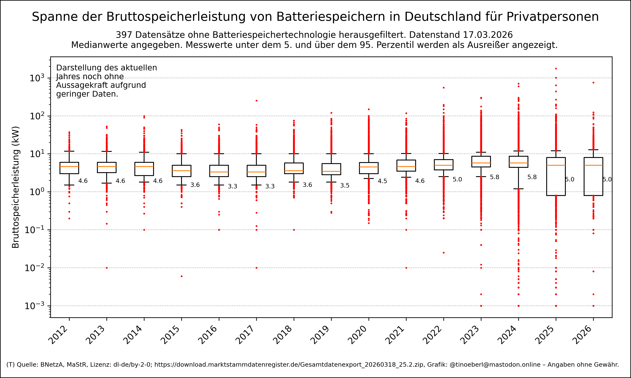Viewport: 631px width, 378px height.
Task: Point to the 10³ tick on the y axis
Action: (37, 78)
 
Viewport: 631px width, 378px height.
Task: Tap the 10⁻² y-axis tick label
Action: (34, 268)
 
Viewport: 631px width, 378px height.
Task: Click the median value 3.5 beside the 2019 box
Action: (345, 186)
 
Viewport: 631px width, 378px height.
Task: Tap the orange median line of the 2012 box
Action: (69, 167)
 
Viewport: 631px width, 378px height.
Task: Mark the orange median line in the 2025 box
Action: (556, 165)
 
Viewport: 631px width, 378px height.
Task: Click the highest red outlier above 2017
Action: (257, 101)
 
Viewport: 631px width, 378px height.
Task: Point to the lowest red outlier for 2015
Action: (182, 276)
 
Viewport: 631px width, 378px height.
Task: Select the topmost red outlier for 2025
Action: (556, 68)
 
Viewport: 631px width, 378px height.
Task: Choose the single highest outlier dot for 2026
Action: (594, 83)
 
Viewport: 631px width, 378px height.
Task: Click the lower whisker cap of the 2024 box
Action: (518, 189)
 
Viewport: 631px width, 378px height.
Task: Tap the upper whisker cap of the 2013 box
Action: (107, 152)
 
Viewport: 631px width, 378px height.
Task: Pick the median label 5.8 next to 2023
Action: (494, 177)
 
